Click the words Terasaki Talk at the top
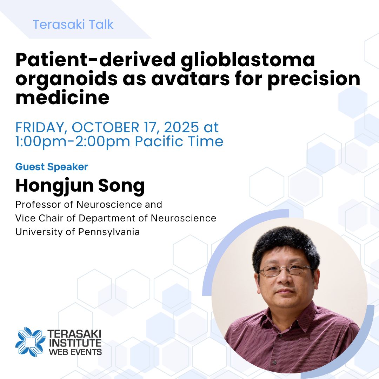click(x=73, y=25)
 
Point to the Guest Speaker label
click(x=52, y=167)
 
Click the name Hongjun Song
click(x=80, y=186)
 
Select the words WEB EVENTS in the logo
click(x=75, y=351)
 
